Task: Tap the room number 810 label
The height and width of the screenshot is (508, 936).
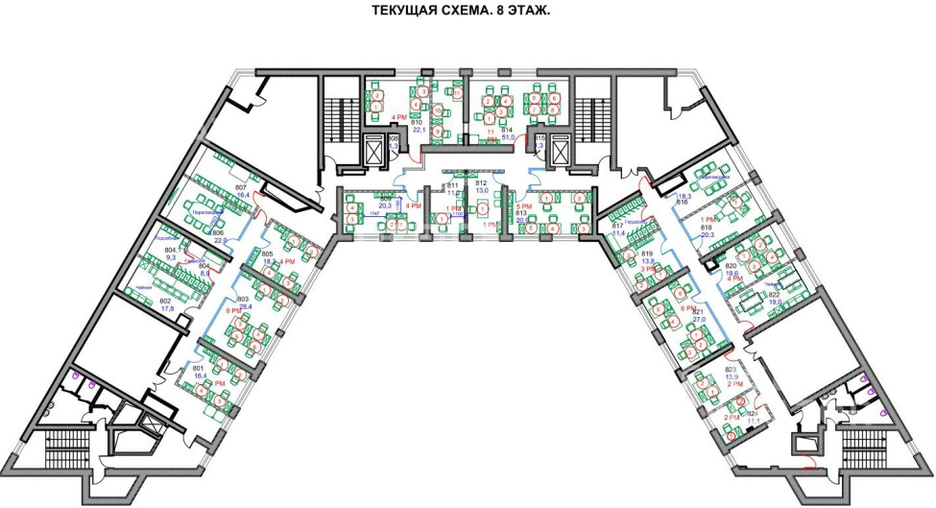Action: coord(418,124)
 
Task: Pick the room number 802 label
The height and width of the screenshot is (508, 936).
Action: coord(164,301)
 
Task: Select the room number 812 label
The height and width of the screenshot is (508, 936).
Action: coord(482,182)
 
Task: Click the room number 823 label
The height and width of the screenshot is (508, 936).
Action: coord(731,369)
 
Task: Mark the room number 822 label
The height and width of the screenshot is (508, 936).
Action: coord(774,294)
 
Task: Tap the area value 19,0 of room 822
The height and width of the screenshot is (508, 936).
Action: coord(774,302)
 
